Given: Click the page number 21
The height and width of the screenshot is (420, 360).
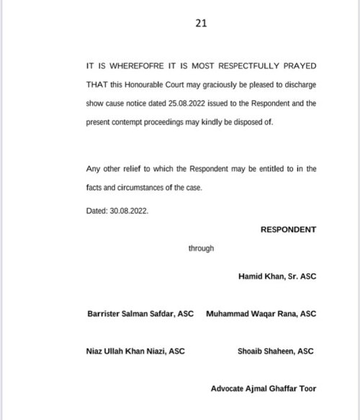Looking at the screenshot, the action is pyautogui.click(x=201, y=23).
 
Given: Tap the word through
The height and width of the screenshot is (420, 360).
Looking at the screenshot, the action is pyautogui.click(x=201, y=249).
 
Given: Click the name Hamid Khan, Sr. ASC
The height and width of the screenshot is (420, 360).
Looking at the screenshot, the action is pyautogui.click(x=276, y=275).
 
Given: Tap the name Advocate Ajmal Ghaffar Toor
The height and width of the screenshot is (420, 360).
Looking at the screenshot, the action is pyautogui.click(x=263, y=390).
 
